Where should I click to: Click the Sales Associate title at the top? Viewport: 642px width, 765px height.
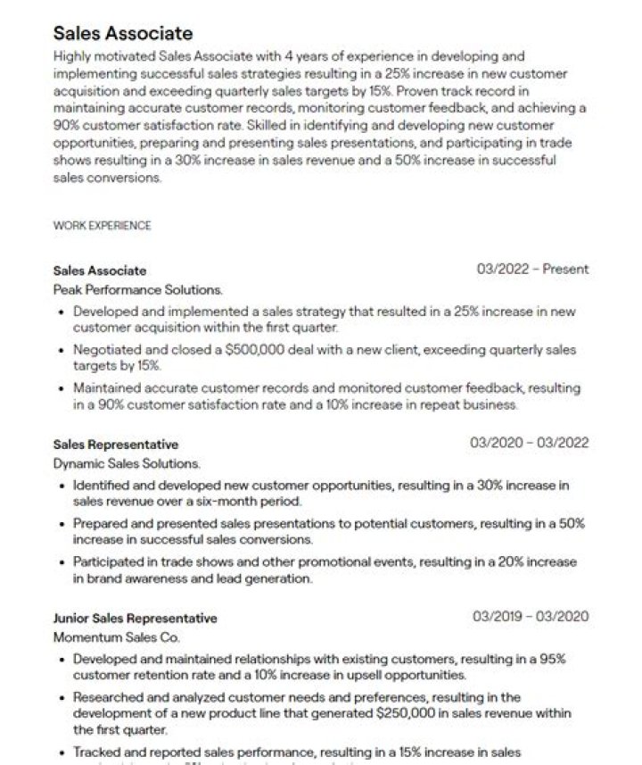click(123, 34)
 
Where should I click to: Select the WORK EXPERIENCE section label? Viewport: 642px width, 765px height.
click(102, 226)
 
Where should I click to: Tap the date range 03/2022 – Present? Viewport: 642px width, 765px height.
click(532, 270)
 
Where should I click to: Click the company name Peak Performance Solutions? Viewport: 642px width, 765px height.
click(138, 290)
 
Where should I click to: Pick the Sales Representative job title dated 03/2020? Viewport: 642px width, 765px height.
click(116, 445)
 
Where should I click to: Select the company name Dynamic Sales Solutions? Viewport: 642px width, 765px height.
click(127, 464)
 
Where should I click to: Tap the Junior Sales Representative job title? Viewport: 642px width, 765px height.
click(135, 618)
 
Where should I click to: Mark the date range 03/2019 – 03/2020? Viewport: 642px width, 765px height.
click(530, 617)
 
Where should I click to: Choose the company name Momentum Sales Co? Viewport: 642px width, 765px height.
click(116, 638)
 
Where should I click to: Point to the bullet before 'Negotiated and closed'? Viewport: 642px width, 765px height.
click(60, 350)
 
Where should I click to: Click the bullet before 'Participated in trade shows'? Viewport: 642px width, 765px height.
click(60, 563)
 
